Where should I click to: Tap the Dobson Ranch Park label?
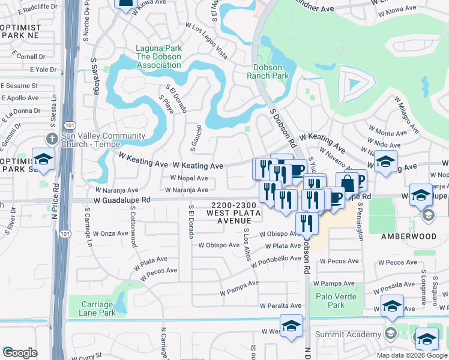click(x=268, y=71)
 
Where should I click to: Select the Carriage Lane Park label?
click(x=98, y=309)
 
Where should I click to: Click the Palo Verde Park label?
click(x=337, y=301)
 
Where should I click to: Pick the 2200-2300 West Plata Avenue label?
click(x=234, y=212)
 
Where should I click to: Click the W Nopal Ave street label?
click(x=189, y=178)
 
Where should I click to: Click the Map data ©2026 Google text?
click(x=412, y=355)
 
